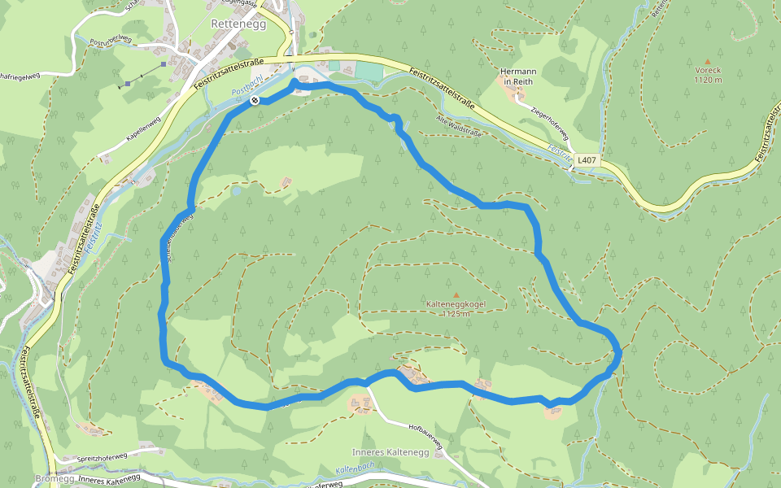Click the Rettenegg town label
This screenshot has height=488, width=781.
point(234,24)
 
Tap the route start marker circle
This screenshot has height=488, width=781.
point(255,100)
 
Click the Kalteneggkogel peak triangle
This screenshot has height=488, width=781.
point(456,294)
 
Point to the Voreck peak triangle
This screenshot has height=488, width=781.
point(708,62)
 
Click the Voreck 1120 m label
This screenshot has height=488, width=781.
point(708,75)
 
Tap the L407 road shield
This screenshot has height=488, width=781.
point(587,160)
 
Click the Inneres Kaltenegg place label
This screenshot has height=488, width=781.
point(384,451)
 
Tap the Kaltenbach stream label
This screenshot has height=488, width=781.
point(354,469)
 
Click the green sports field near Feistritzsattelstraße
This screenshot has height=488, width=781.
point(369,72)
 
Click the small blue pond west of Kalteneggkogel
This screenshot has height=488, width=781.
point(235,192)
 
